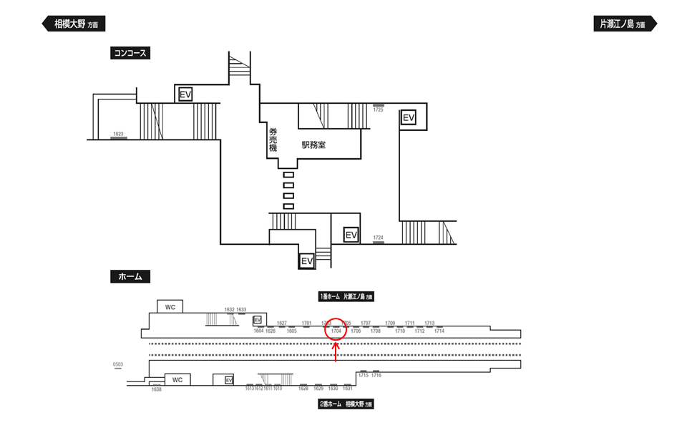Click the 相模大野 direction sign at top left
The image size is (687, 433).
click(74, 24)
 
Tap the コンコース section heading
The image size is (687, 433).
click(130, 53)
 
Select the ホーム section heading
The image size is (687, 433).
click(130, 276)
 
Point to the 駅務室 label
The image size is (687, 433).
click(313, 145)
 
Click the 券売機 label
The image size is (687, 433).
click(273, 139)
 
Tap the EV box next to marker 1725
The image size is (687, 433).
click(409, 117)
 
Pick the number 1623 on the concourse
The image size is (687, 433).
click(118, 134)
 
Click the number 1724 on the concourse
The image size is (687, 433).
click(379, 238)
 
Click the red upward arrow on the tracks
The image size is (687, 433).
click(336, 352)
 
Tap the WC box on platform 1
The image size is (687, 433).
click(170, 307)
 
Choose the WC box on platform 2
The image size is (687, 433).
click(177, 380)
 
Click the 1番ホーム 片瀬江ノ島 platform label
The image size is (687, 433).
click(346, 296)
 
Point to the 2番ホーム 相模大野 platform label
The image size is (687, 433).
click(346, 404)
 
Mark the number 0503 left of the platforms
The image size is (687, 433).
click(118, 365)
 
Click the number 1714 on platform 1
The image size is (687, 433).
click(439, 331)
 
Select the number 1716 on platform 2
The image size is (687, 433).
click(376, 376)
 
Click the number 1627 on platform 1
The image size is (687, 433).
click(282, 323)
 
